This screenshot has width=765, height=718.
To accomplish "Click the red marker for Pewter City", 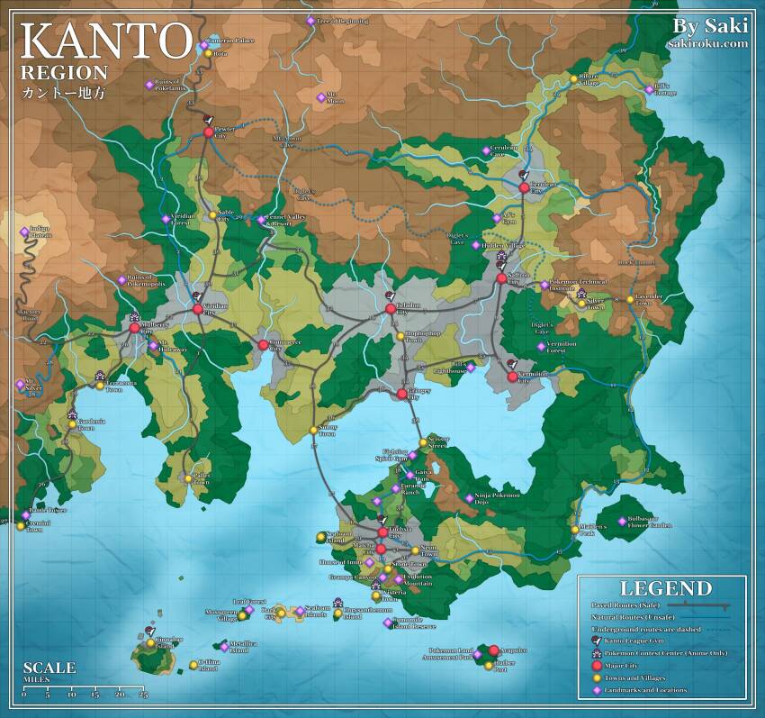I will pos(209,132).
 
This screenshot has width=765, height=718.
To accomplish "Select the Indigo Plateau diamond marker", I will pos(24,232).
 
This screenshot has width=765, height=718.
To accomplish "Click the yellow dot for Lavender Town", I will pos(630,298).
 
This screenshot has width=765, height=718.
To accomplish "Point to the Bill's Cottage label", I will pos(666,90).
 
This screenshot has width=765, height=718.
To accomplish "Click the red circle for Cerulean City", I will pos(524,187).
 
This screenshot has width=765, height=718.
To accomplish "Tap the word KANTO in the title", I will pos(105,41).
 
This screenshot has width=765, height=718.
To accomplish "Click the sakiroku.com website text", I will pos(708,42).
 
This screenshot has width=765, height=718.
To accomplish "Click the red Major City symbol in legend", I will pos(596,665).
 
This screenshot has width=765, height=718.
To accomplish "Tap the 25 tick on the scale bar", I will pos(143,695).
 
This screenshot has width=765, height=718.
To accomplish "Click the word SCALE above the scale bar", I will pos(49,668).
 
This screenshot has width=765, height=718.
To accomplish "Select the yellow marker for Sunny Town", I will pos(313,430).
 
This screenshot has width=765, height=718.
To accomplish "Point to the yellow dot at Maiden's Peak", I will pos(574,530).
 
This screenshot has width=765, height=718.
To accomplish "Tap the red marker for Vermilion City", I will pos(513,377).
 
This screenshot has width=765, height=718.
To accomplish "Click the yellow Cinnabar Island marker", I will pos(151,642).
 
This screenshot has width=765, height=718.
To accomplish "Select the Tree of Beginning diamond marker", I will pos(310,21).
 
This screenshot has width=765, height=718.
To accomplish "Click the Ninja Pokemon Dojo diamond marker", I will pos(469,497).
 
